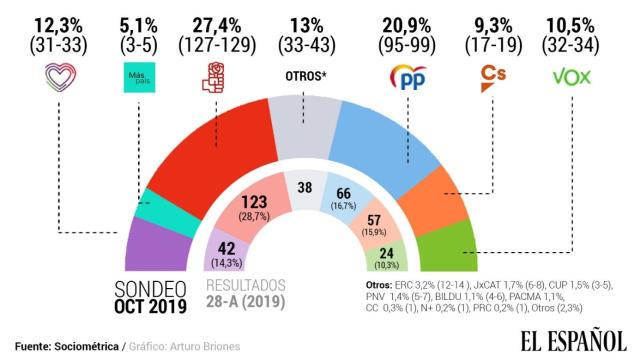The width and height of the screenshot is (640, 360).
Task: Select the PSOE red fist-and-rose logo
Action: [x=216, y=77]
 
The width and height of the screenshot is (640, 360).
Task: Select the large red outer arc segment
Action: [x=220, y=150]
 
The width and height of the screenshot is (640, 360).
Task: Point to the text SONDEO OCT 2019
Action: [x=149, y=298]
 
